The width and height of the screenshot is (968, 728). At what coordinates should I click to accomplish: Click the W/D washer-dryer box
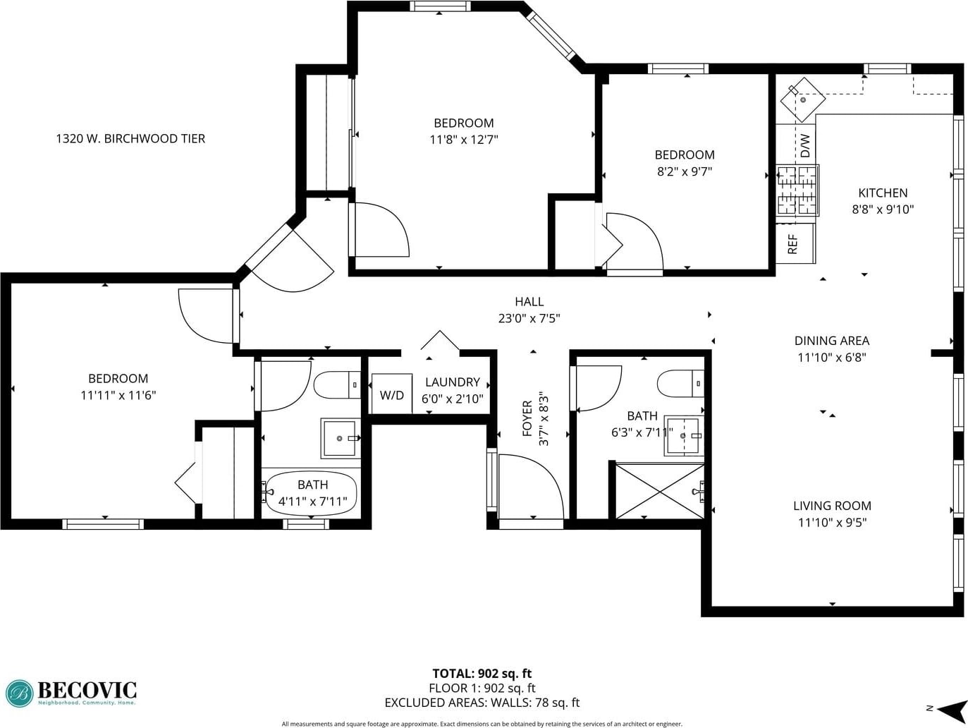pos(392,394)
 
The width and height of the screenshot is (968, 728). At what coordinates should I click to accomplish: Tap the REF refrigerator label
pos(792,244)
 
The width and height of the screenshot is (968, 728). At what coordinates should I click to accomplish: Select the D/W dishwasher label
pos(805,145)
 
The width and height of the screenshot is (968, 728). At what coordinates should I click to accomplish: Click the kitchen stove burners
pos(798,190)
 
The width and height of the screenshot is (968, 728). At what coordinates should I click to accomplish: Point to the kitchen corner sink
pos(803,99)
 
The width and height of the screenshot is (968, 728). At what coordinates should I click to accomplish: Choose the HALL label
pos(529,302)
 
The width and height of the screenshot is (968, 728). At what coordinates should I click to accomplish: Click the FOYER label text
pos(527,419)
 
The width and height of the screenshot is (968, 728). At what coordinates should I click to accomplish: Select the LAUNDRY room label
pos(453,382)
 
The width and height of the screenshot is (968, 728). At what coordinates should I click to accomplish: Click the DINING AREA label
pos(832,341)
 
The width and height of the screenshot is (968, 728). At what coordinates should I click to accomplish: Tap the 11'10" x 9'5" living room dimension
pos(832,523)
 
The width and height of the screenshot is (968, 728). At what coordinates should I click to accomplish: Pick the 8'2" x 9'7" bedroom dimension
pos(685,171)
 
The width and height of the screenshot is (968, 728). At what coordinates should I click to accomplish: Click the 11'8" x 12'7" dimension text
pos(464,140)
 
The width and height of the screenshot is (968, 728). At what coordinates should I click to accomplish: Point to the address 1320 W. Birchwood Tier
pos(130,138)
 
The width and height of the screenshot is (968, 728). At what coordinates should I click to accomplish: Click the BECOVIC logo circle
pos(20,693)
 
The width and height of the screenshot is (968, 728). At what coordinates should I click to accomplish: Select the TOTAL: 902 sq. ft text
pos(482,674)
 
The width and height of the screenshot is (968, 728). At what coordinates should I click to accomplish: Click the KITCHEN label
pos(883,193)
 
